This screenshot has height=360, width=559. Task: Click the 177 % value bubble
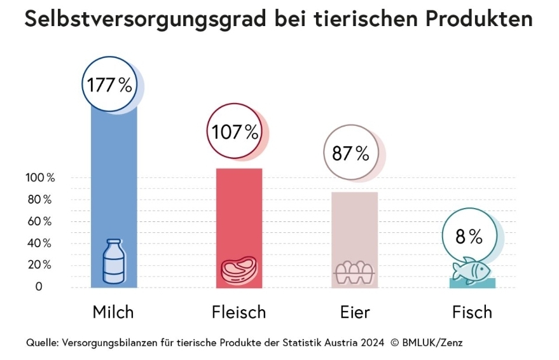coord(110,85)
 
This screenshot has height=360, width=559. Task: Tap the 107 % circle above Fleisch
coord(235,132)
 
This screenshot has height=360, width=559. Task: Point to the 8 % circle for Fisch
coord(469,237)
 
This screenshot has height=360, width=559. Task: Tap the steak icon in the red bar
coord(238,269)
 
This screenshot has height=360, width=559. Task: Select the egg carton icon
coord(355,272)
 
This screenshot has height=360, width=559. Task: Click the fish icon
coord(472,270)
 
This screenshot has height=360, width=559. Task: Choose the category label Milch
coord(113,312)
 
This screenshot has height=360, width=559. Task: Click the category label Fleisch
coord(238,312)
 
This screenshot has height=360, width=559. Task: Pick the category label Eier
coord(355,312)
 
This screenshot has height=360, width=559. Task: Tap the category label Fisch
coord(472,312)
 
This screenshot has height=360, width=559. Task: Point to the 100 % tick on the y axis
coord(40,178)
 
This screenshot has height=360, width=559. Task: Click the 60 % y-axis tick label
coord(39,221)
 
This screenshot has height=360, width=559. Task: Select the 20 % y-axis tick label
coord(39,265)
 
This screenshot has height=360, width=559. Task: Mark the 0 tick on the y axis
coord(39,287)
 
